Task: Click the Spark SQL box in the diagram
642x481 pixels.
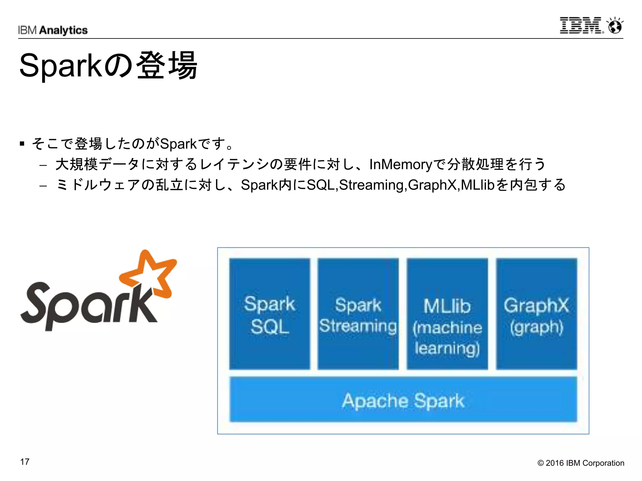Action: pos(270,314)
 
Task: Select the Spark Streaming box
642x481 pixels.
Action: pos(358,314)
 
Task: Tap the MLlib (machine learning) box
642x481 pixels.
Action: pos(447,314)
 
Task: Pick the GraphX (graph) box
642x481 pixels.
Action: pos(536,314)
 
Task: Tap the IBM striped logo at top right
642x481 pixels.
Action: pos(581,26)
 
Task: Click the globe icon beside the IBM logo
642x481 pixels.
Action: pos(615,26)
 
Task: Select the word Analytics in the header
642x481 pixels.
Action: pos(64,30)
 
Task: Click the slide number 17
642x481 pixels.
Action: pos(25,462)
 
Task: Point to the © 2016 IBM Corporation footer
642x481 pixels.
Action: pos(581,463)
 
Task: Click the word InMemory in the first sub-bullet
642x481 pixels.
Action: pos(401,164)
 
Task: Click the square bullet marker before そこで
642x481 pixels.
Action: pos(22,144)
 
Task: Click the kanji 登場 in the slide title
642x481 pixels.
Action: pos(167,65)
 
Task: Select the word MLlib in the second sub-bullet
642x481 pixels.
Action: pos(477,185)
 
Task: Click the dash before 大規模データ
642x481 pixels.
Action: pos(43,165)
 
